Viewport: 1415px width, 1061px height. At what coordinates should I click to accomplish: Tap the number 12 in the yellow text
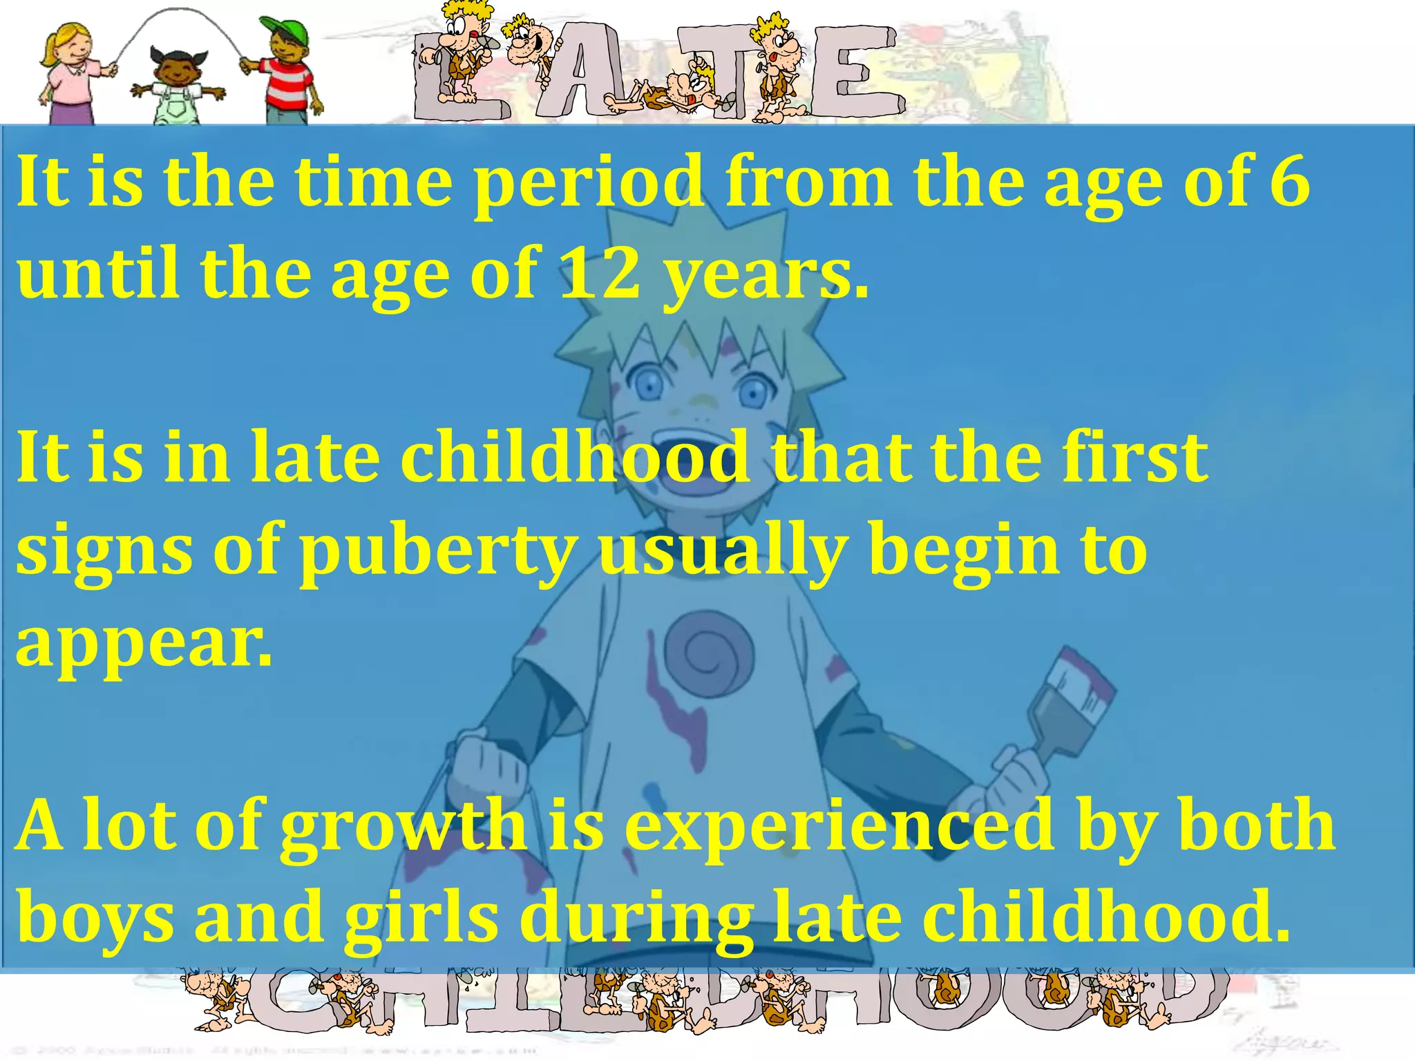click(600, 274)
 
